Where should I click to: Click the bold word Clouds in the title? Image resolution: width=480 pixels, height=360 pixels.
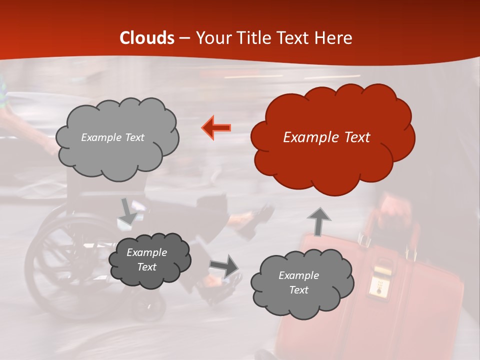click(147, 38)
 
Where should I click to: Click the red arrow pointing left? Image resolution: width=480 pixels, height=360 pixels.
click(216, 127)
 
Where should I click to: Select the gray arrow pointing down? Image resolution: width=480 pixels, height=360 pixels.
click(128, 210)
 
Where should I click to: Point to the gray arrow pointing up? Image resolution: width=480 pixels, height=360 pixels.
click(318, 221)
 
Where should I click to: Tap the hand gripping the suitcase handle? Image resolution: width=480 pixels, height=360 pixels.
click(395, 210)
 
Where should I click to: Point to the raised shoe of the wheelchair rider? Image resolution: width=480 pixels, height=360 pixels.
click(252, 220)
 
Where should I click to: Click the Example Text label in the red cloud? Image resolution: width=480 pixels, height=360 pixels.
click(326, 137)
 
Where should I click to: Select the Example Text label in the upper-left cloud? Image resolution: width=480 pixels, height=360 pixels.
click(112, 137)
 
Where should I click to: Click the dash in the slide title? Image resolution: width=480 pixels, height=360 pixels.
click(184, 38)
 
